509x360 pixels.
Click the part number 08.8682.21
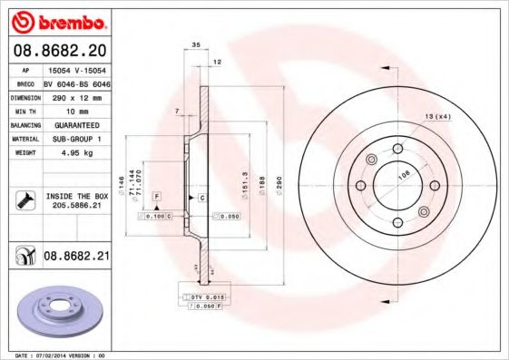pyautogui.click(x=76, y=258)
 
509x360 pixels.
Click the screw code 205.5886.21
pyautogui.click(x=76, y=207)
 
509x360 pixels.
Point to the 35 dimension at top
pyautogui.click(x=196, y=44)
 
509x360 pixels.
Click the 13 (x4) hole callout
pyautogui.click(x=438, y=117)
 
